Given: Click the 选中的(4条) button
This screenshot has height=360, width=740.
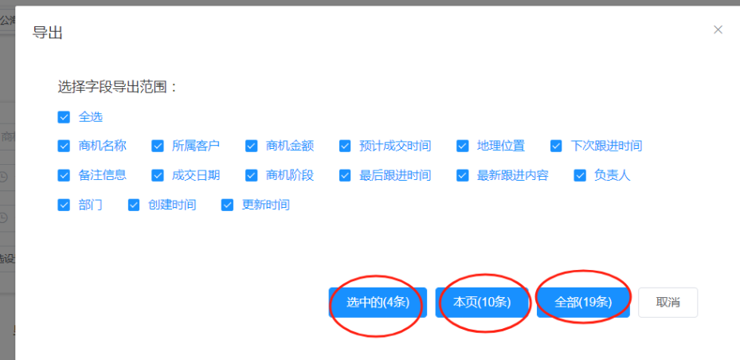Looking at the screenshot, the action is coord(378,303).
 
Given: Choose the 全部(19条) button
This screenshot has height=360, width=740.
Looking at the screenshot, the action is coord(583,303).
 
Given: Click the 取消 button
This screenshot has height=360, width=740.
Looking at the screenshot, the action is coord(668,303).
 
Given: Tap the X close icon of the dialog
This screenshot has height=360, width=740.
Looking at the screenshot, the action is coord(718,30).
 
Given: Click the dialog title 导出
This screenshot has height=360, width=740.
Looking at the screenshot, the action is coord(48,33).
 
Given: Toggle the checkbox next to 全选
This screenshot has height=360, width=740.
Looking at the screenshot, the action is coord(64,117).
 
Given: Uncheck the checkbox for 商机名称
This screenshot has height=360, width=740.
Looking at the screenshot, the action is coord(64,146).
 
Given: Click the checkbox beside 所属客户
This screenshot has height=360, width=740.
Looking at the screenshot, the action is coord(158,146).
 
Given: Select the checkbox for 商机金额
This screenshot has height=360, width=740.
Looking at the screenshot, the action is coord(251,146).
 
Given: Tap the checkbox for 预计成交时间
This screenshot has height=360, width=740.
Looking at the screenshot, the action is coord(345,146).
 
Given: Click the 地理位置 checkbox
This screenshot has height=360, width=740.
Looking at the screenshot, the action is coord(462,146).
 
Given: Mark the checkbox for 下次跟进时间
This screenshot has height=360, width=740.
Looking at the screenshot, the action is coord(556,146).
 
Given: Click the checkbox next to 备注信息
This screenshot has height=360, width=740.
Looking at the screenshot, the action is coord(64,175).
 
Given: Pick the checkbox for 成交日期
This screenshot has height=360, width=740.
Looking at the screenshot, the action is coord(158,175).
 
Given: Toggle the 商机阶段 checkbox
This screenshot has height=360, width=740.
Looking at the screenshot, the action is coord(251,175).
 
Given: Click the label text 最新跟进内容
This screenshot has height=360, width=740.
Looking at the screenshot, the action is coord(512,175).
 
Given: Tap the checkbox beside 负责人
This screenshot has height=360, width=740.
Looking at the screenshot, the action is coord(580,175).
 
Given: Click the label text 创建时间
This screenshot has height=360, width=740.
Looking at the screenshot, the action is coord(171,205).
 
